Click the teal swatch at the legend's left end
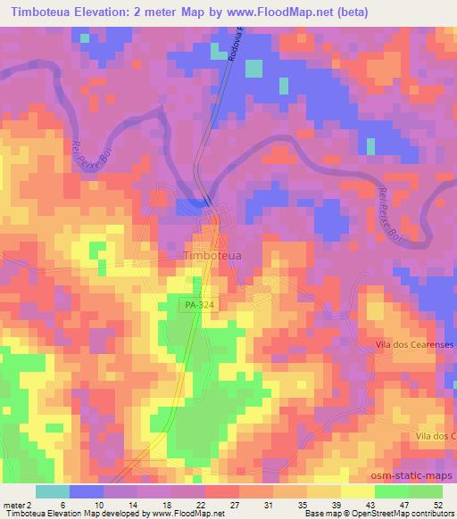[x=52, y=491]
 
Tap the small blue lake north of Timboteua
[x=191, y=206]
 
